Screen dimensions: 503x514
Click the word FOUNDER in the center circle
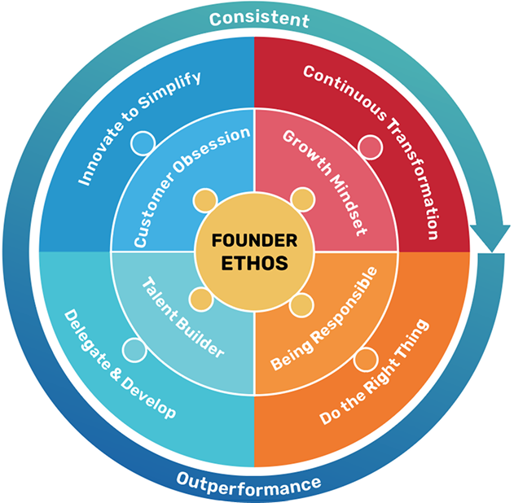click(x=254, y=241)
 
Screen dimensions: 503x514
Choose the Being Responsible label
click(x=323, y=318)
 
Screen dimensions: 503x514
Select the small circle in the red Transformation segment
click(x=371, y=147)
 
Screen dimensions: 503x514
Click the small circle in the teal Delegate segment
click(x=134, y=349)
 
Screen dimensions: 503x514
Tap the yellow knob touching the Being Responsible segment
click(x=302, y=304)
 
